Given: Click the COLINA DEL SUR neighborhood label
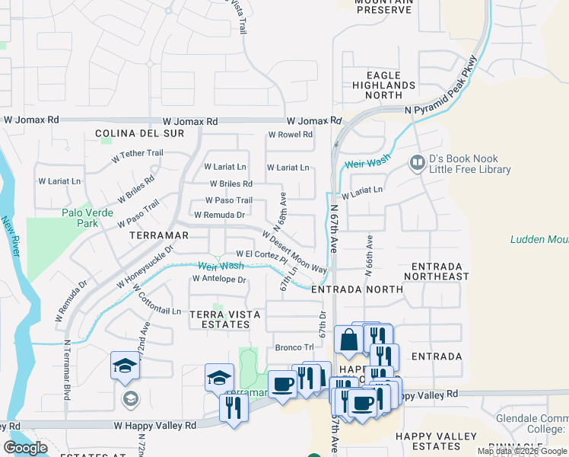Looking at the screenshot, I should [x=140, y=133].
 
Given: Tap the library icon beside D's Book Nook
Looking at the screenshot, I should [x=417, y=163].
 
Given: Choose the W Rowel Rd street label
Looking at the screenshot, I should [x=290, y=135].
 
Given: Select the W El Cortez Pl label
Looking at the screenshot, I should [x=262, y=255].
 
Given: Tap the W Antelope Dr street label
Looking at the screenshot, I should [x=219, y=280].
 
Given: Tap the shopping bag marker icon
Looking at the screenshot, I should [x=348, y=339].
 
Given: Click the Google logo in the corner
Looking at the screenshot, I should [x=26, y=448].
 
